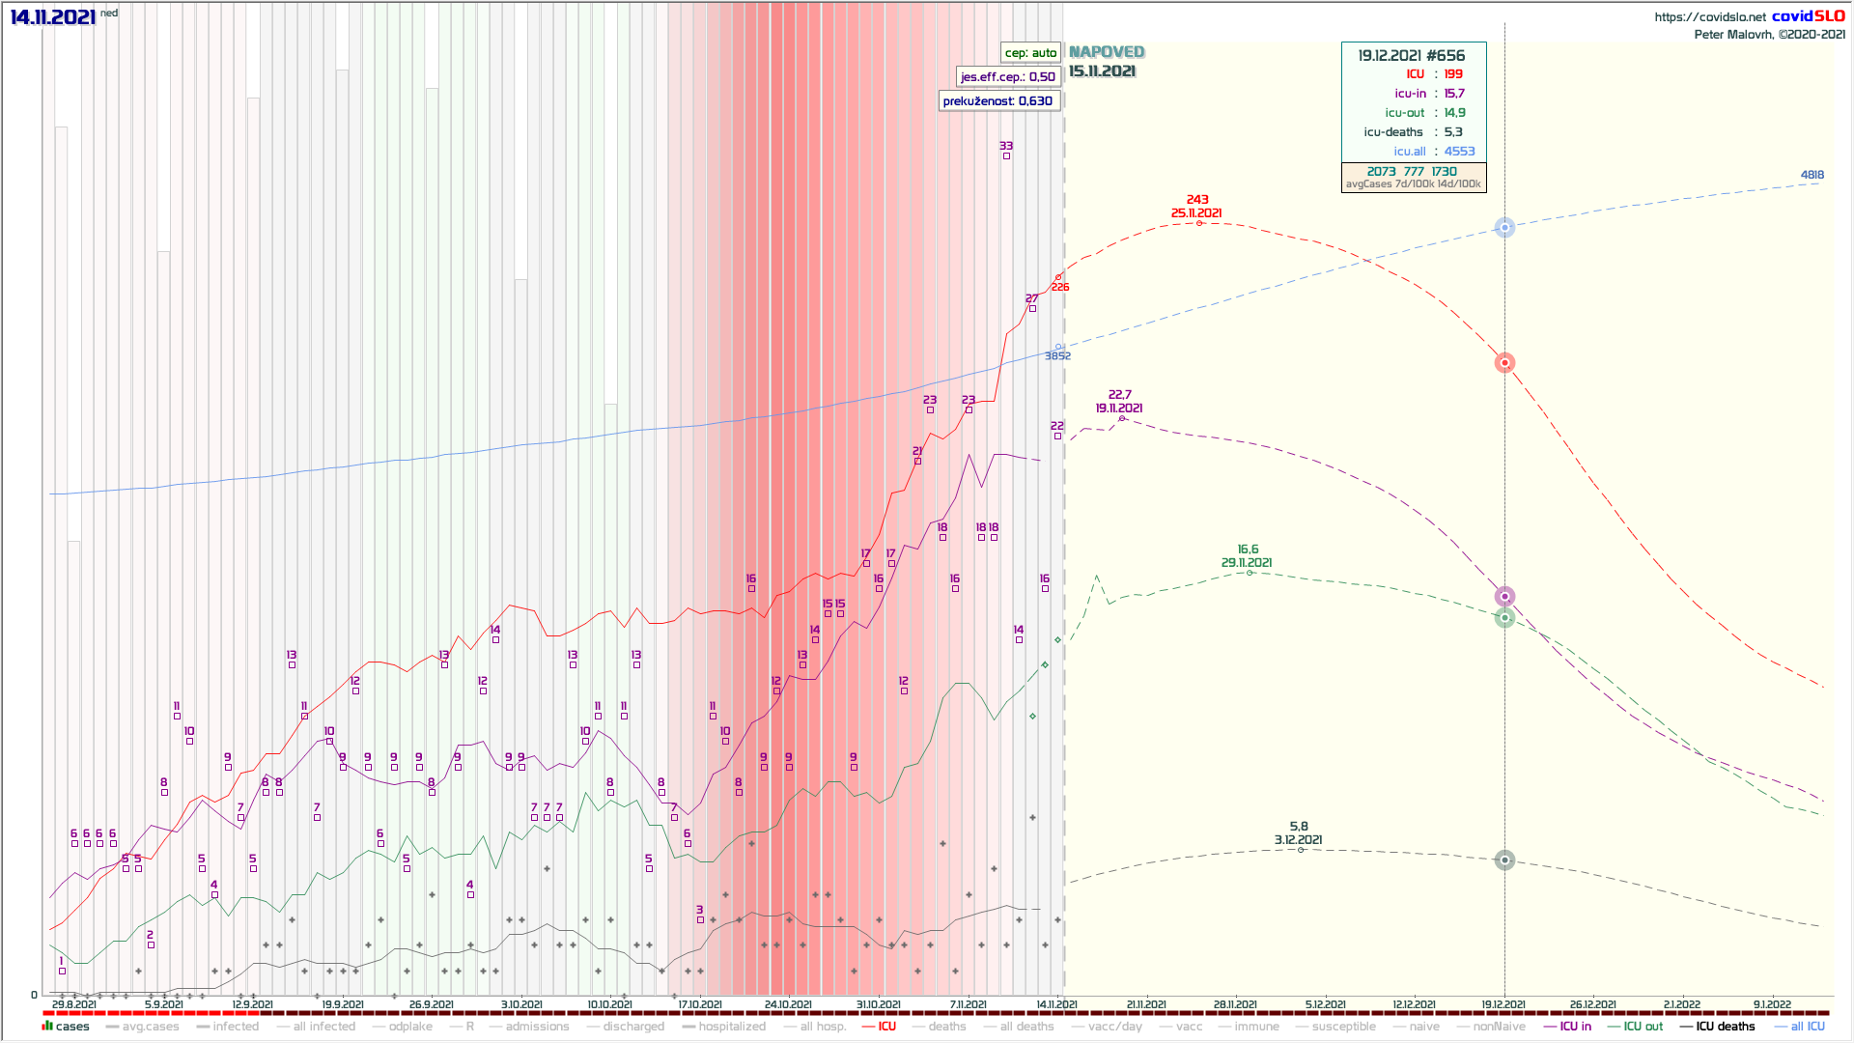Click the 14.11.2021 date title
[53, 17]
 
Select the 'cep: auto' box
[1030, 53]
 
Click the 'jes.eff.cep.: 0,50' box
[1007, 76]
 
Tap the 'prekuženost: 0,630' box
[997, 100]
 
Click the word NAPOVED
[1107, 52]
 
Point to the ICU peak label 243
[1197, 200]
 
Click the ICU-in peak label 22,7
[1120, 395]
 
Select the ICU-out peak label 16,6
[1248, 550]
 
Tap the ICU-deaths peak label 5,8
[1299, 827]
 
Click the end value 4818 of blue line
[1812, 175]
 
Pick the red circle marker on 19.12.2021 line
[1504, 363]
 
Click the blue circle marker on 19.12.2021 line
[1504, 228]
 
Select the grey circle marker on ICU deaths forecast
[1504, 860]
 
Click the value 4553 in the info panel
[1459, 152]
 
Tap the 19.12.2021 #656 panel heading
[1411, 56]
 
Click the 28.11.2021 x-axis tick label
[1235, 1005]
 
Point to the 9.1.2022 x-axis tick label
[1772, 1005]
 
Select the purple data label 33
[1006, 146]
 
